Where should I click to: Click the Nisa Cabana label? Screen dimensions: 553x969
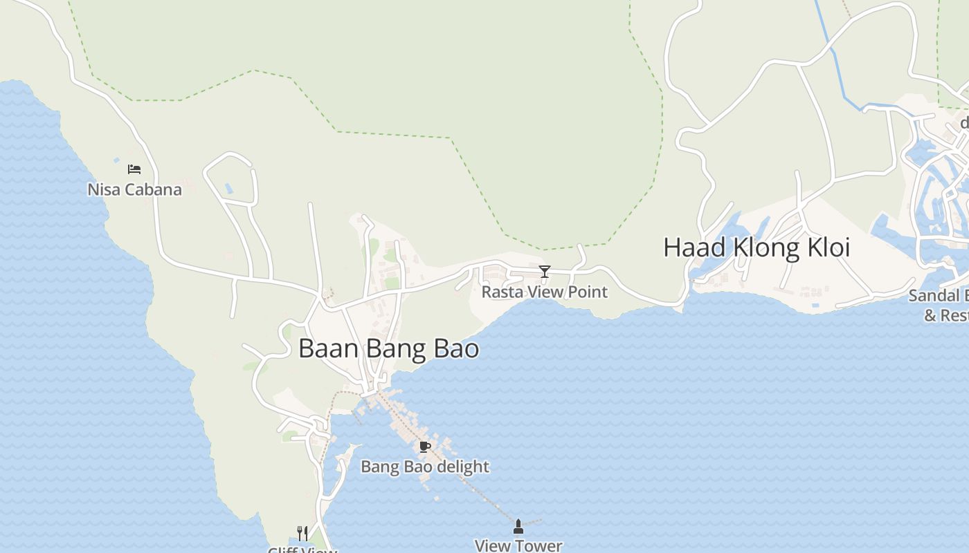[134, 189]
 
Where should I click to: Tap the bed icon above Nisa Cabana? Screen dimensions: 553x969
[134, 169]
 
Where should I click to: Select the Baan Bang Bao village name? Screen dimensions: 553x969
[388, 348]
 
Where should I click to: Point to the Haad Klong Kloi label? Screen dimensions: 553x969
[756, 247]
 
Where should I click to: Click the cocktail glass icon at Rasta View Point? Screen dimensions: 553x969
[545, 271]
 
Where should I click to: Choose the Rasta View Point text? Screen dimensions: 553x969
[544, 292]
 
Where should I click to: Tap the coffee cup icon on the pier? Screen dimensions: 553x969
[425, 447]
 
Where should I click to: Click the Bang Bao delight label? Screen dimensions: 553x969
[424, 467]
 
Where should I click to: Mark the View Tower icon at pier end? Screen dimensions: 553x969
[518, 527]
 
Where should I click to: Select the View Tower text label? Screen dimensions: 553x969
[518, 545]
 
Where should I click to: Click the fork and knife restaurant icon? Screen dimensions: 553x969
[302, 533]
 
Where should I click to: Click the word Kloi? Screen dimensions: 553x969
[827, 247]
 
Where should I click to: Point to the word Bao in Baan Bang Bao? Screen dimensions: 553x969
[456, 348]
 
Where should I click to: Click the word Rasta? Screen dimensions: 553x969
[500, 292]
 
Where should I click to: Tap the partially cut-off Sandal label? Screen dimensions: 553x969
[938, 296]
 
